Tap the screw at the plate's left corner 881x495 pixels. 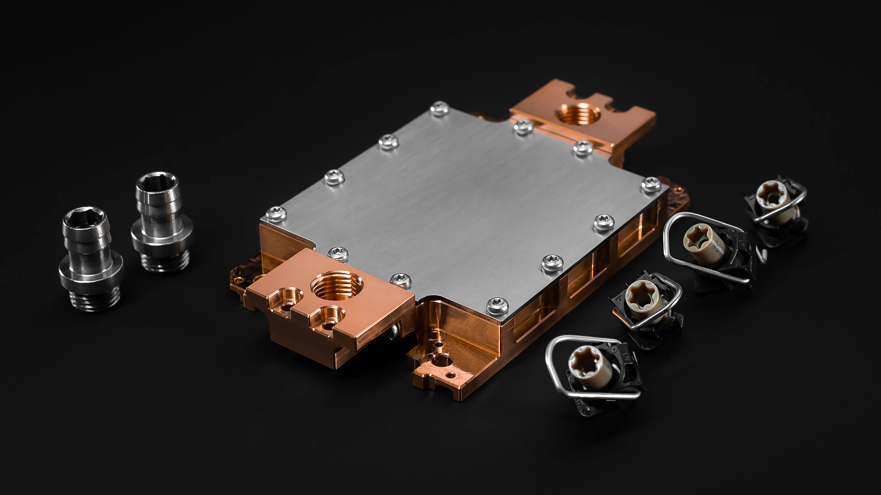point(276,214)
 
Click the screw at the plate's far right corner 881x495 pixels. point(651,185)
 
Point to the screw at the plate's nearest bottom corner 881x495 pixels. point(497,305)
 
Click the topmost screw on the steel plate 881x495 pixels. point(440,108)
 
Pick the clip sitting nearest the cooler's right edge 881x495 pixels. point(645,308)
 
